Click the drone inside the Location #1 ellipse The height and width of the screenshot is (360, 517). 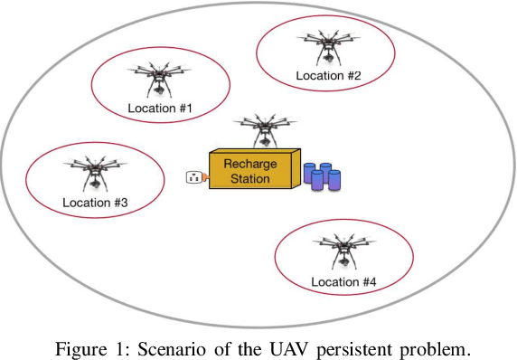coord(159,78)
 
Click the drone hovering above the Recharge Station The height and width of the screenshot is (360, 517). coord(263,128)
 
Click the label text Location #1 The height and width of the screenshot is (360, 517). coord(160,109)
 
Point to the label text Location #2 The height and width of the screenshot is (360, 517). coord(328,76)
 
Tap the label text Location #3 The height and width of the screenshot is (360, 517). coord(95,202)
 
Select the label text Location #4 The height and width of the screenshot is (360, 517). coord(343,282)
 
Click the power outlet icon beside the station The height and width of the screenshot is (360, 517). coord(193,176)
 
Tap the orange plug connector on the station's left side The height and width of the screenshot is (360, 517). coord(206,176)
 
